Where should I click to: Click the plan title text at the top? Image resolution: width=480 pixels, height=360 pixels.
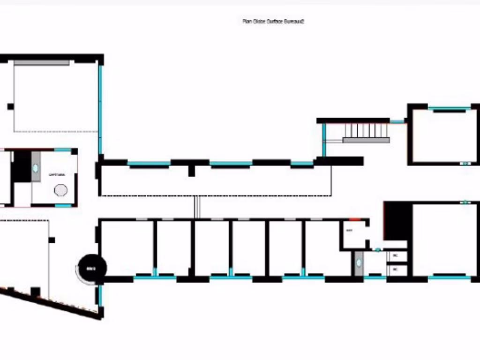(x=273, y=21)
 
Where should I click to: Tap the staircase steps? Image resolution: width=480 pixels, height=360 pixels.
(x=367, y=130)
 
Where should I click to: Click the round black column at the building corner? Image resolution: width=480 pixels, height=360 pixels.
(x=92, y=269)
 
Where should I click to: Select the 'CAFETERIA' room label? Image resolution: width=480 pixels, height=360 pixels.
(x=57, y=174)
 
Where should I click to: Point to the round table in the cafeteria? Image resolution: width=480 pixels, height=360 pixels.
(x=60, y=190)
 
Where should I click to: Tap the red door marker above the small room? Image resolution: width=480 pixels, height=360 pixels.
(x=355, y=219)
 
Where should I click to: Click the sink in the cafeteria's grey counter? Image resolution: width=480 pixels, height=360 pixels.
(x=36, y=168)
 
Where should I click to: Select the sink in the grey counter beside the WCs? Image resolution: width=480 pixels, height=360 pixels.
(x=359, y=263)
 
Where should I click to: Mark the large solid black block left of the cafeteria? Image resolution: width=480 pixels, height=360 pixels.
(x=22, y=166)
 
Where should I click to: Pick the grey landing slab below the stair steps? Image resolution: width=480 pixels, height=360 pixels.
(x=366, y=140)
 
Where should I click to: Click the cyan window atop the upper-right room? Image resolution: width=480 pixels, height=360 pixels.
(x=449, y=109)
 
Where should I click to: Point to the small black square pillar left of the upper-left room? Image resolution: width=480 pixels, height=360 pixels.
(x=10, y=106)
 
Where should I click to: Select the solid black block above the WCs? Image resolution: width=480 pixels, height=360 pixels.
(x=398, y=220)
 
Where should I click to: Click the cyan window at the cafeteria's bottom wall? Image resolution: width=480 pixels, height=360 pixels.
(x=63, y=205)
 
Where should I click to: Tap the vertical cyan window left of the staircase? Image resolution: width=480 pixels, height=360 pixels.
(x=323, y=139)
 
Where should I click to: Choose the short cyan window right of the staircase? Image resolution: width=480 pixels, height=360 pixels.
(x=397, y=121)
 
